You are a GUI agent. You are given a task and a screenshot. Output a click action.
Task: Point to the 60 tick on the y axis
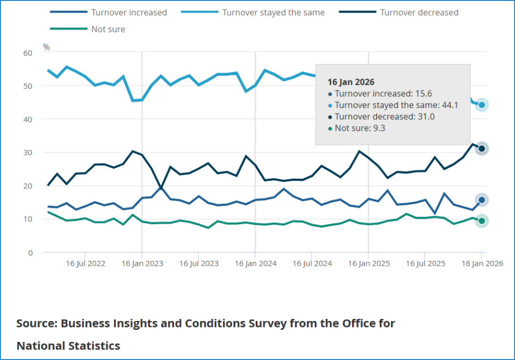27,53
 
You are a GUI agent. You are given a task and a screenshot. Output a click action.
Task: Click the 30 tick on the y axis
27,152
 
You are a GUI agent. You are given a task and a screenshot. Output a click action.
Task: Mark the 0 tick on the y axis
30,253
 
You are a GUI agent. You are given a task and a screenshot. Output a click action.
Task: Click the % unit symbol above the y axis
46,47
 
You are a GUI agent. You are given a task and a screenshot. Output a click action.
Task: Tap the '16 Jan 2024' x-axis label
254,264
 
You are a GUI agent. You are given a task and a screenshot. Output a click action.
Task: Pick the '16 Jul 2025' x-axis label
425,264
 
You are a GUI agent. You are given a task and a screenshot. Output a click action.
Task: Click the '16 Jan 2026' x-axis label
481,264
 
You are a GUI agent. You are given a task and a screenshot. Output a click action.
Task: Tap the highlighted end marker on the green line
482,221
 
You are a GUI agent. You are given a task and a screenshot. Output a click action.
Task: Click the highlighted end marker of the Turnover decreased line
482,148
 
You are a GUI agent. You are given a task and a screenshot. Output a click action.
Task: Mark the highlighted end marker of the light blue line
482,105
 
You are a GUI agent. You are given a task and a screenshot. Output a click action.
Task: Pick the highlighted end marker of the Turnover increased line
482,200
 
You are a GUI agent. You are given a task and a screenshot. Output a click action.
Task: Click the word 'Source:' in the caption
37,323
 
